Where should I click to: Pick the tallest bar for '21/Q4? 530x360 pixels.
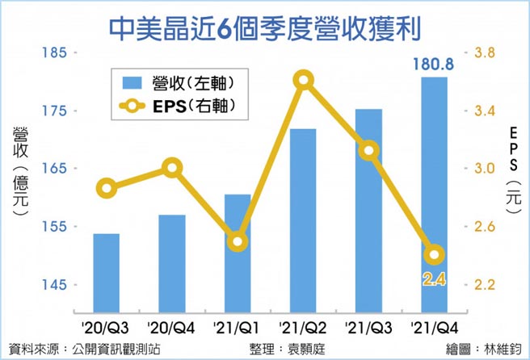pyautogui.click(x=434, y=194)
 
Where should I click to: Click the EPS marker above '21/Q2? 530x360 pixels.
pyautogui.click(x=303, y=79)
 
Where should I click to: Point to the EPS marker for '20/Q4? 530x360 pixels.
pyautogui.click(x=171, y=168)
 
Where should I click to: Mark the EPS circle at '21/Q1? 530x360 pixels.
pyautogui.click(x=238, y=241)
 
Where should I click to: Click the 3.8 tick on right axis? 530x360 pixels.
pyautogui.click(x=486, y=53)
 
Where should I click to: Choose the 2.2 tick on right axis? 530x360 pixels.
pyautogui.click(x=486, y=285)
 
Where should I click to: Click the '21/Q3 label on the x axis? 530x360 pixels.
pyautogui.click(x=368, y=327)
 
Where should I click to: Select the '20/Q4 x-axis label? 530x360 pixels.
pyautogui.click(x=171, y=327)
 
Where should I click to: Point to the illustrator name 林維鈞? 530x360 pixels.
pyautogui.click(x=504, y=350)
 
